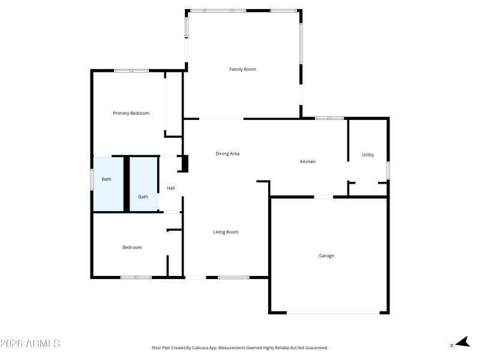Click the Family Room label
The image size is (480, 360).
[x=242, y=70]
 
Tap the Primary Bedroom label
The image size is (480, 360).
[x=131, y=113]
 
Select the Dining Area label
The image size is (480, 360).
[x=227, y=154]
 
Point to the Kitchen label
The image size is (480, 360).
[x=308, y=162]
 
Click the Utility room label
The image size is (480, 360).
[x=368, y=155]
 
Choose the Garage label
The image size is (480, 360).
[x=326, y=256]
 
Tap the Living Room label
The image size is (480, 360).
[x=226, y=232]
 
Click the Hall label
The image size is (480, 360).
[x=171, y=188]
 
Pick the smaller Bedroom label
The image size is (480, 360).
[x=132, y=248]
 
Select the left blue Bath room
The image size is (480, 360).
[x=107, y=184]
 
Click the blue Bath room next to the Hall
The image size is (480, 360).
[x=143, y=184]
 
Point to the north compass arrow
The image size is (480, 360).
[x=461, y=343]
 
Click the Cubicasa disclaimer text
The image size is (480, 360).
[x=240, y=347]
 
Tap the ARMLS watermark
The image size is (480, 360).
[x=30, y=344]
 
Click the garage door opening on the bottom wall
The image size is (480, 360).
[x=333, y=311]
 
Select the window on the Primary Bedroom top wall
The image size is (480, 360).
[x=131, y=71]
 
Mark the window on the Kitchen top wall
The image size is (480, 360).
[x=329, y=118]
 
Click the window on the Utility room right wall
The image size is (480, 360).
[x=388, y=170]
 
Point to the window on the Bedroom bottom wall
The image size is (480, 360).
[x=136, y=277]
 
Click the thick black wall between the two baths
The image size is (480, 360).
[x=126, y=184]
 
